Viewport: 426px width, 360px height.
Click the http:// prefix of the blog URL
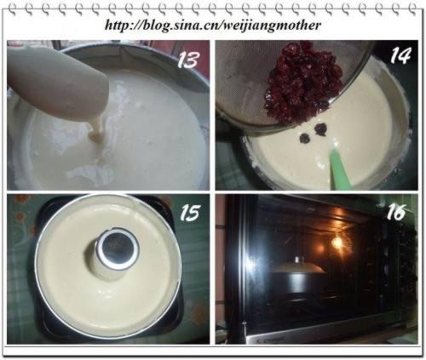[x=124, y=25]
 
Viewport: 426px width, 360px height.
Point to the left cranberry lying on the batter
[x=304, y=135]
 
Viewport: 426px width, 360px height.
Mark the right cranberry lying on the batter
[x=321, y=129]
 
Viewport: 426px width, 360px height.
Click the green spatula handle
[x=338, y=165]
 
